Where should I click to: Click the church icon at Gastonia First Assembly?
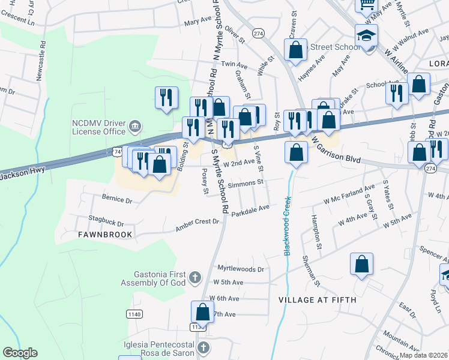[x=194, y=277]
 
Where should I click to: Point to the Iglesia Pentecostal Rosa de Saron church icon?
[x=203, y=348]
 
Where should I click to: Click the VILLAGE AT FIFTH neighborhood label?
[x=318, y=299]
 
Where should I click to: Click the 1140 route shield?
[x=133, y=314]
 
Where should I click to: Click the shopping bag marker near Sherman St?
[x=362, y=265]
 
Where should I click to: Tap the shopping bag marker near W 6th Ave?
[x=202, y=312]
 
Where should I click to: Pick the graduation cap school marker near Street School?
[x=366, y=36]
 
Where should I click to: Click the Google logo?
[x=20, y=353]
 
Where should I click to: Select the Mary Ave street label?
[x=198, y=22]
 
